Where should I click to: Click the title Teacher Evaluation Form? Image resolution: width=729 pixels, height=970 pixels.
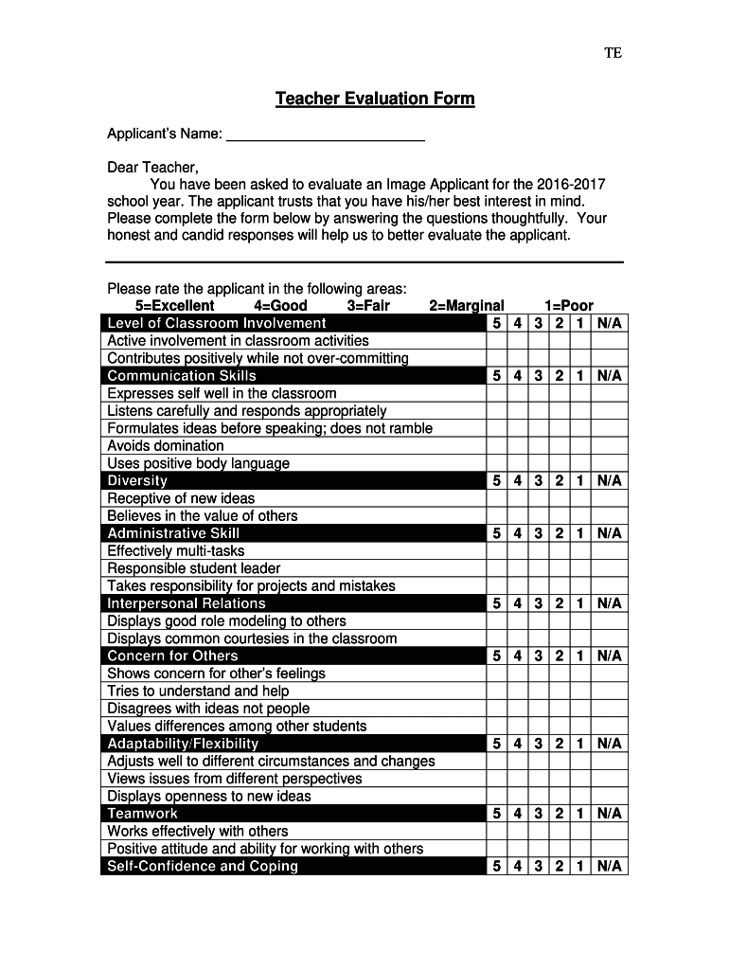click(x=375, y=99)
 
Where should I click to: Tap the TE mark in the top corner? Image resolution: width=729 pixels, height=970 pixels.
click(x=613, y=53)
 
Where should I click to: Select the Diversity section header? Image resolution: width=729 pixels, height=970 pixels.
click(x=137, y=481)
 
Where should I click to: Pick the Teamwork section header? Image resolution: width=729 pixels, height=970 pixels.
click(x=143, y=814)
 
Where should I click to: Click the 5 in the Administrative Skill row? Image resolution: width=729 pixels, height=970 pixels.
click(x=497, y=533)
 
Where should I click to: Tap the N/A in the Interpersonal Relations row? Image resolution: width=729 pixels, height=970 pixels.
click(x=609, y=603)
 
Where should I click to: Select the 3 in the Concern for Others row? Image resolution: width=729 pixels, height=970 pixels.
click(x=538, y=656)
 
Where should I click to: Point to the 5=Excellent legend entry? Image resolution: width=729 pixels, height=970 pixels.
click(x=175, y=306)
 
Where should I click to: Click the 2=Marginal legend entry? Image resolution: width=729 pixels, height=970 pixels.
click(x=467, y=306)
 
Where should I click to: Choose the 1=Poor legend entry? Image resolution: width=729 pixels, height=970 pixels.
click(x=569, y=306)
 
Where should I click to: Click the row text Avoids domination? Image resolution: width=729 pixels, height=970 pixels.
click(x=166, y=446)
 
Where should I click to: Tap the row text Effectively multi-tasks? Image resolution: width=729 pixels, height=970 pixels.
click(x=176, y=551)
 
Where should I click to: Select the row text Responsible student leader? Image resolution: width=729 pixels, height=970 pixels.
click(x=194, y=568)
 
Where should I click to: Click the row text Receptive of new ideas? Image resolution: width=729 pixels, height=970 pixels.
click(x=181, y=498)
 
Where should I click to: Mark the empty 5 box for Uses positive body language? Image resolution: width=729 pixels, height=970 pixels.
click(x=497, y=463)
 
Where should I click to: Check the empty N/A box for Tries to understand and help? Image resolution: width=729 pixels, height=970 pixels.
click(x=609, y=692)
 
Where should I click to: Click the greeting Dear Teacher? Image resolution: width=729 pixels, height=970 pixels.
click(x=152, y=168)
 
